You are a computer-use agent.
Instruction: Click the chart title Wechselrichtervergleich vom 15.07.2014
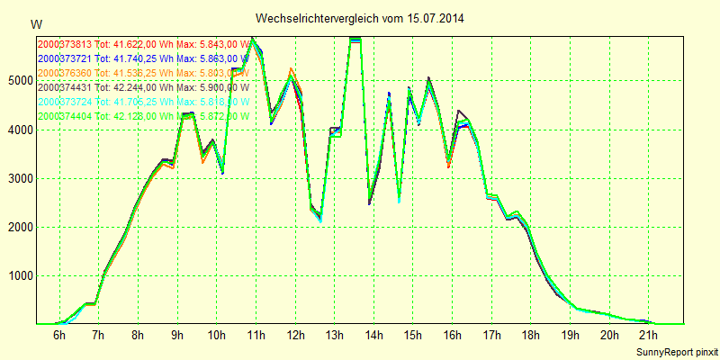click(x=360, y=18)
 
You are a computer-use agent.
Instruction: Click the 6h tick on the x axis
click(x=59, y=336)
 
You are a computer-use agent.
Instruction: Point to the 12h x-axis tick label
click(x=294, y=336)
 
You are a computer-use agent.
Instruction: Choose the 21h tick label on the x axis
click(x=649, y=336)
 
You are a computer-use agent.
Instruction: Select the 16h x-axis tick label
click(x=452, y=336)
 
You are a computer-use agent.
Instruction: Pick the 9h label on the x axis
click(x=177, y=336)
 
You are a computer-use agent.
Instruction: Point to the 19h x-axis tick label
click(x=570, y=336)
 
